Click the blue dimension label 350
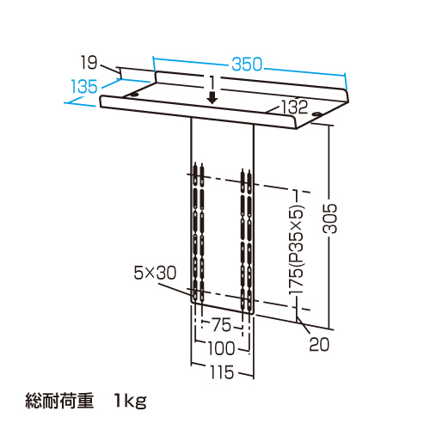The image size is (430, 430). coord(247,64)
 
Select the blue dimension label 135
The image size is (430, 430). coord(84,86)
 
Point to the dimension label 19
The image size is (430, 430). coord(89,62)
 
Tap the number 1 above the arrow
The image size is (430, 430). coord(212,83)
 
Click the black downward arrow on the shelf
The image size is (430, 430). coord(212,98)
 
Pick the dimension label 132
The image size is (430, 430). coord(295,107)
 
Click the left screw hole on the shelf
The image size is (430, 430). coord(134,95)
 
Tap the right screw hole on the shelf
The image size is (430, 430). coord(316,114)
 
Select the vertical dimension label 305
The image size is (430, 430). coord(329,218)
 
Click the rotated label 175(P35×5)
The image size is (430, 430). coord(296,249)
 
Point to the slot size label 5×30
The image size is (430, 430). coord(155,273)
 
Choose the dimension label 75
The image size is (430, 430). coord(221,325)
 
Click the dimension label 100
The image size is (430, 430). coord(221,348)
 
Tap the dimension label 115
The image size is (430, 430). coord(222,372)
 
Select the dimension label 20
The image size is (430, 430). coord(319,344)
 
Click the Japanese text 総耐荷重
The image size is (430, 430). coord(59,401)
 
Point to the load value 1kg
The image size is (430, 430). coord(131,401)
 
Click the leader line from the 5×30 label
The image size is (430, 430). coord(177,289)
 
